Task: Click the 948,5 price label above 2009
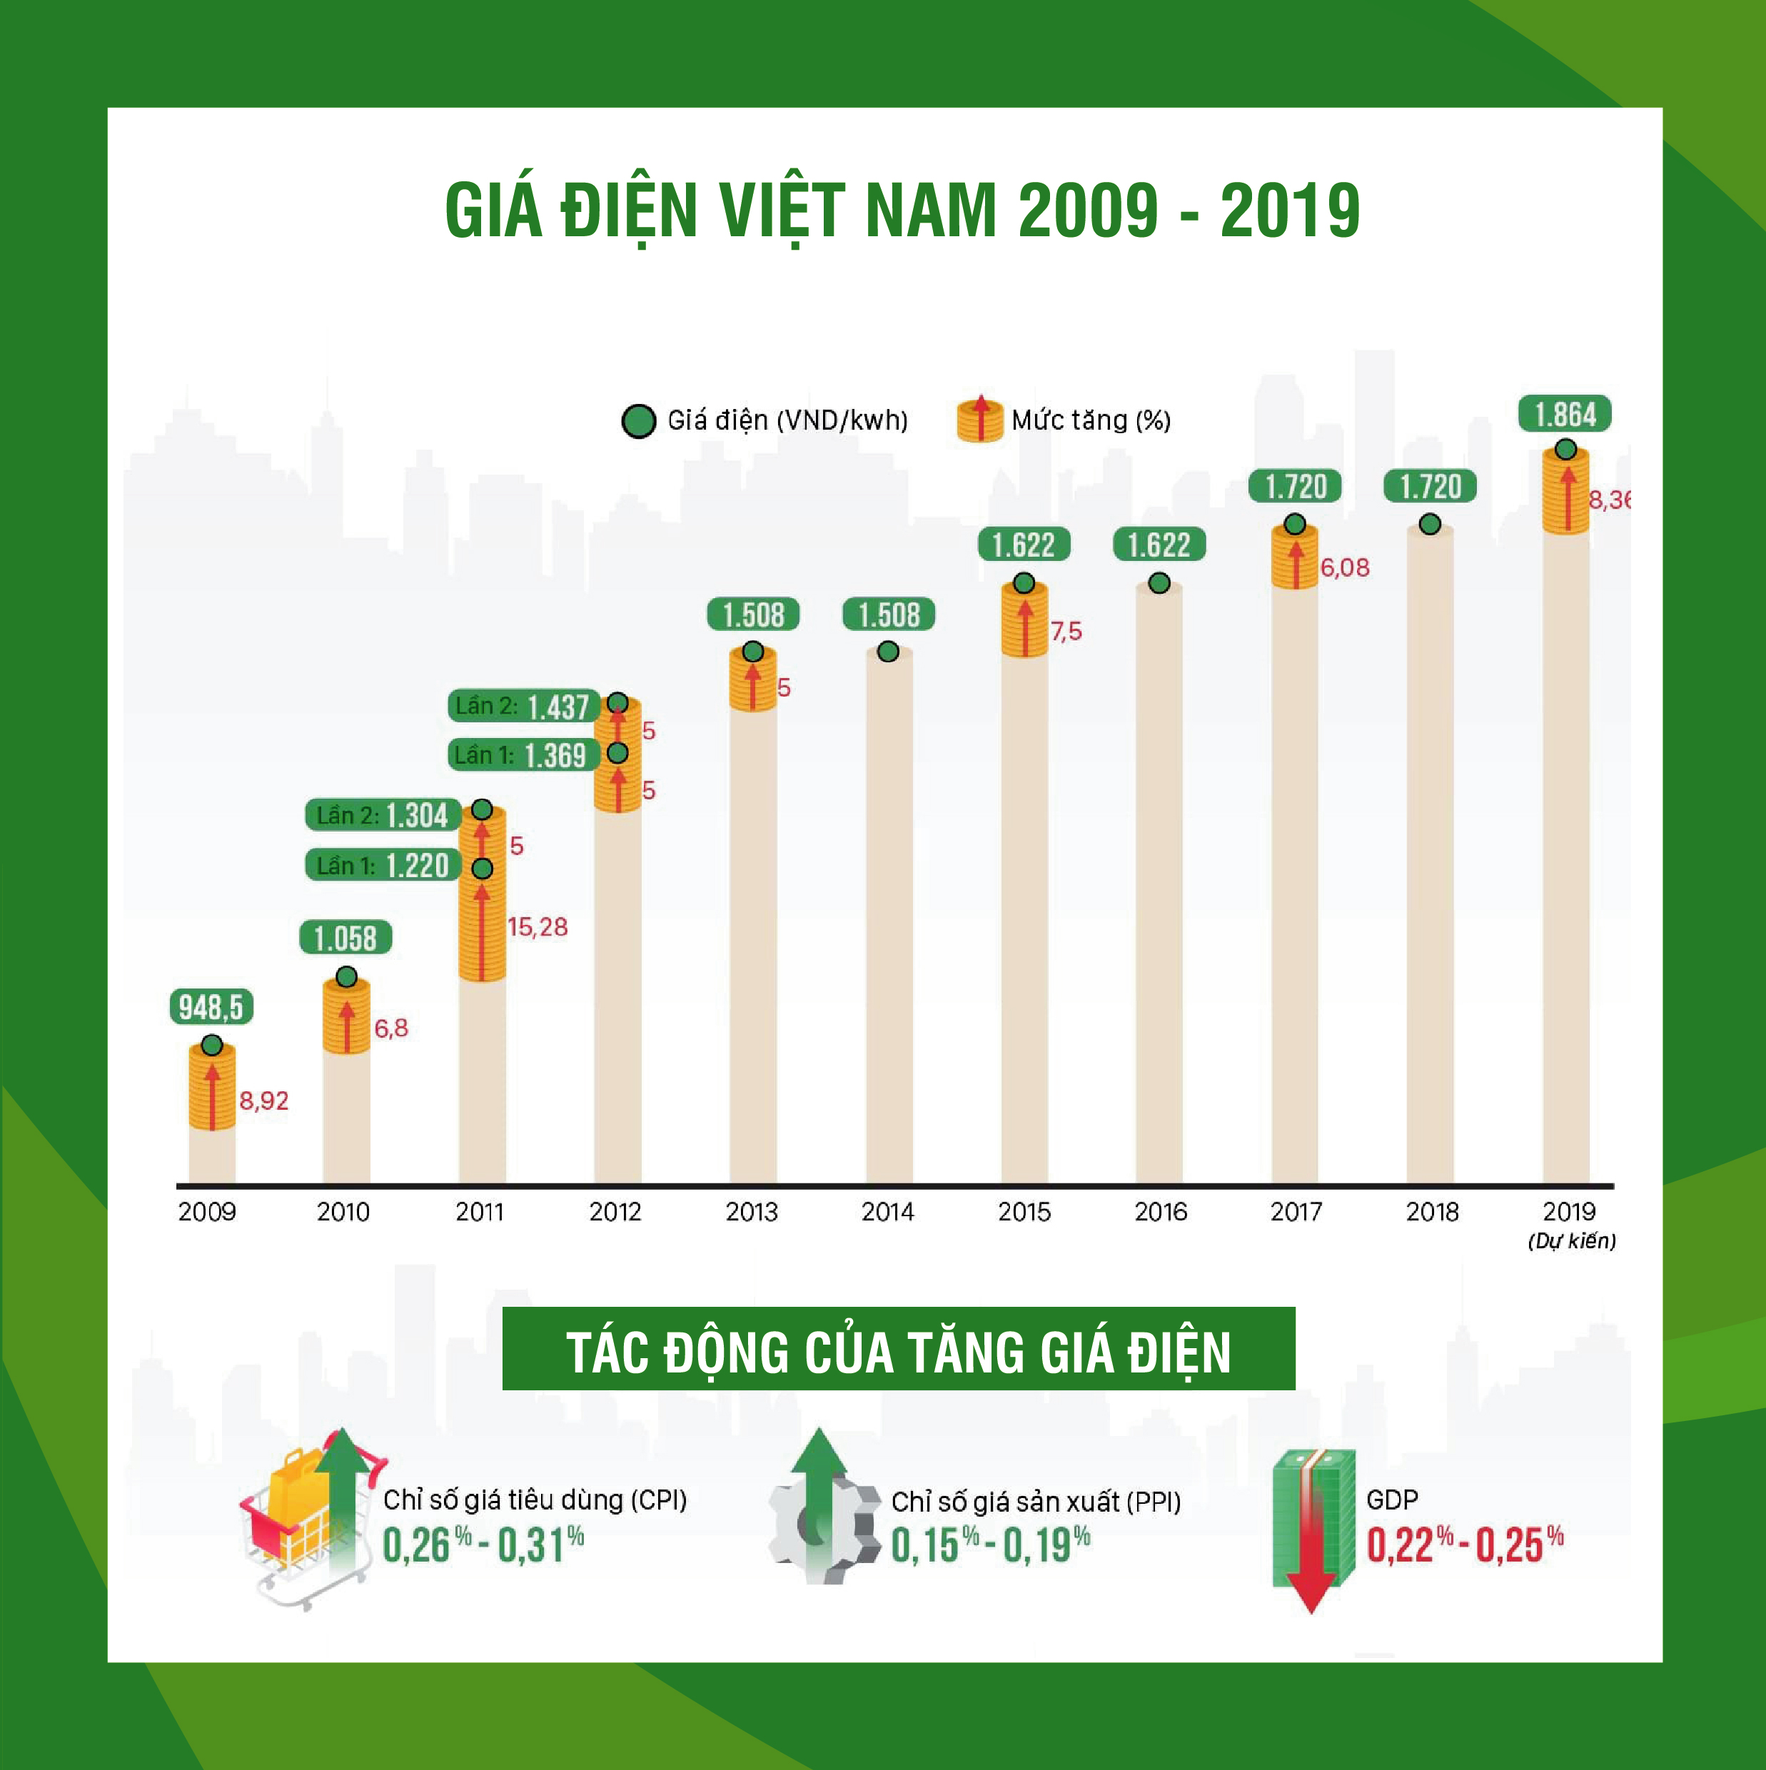(211, 1007)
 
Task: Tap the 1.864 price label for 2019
(1565, 414)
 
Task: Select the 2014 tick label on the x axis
(887, 1212)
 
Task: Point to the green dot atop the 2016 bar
(1159, 582)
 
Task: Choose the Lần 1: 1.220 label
(383, 865)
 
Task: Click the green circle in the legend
(638, 420)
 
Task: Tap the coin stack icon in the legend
(979, 420)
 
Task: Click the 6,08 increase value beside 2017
(1344, 568)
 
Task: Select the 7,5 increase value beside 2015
(1066, 631)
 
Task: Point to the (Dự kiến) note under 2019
(1571, 1241)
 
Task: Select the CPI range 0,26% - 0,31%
(483, 1546)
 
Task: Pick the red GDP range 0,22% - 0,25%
(1465, 1546)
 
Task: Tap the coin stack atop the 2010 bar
(346, 1018)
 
